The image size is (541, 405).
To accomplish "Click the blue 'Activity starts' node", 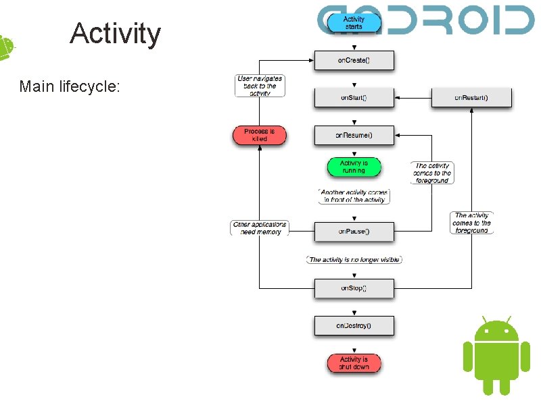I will pos(353,22).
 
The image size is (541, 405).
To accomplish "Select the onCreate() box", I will pos(354,60).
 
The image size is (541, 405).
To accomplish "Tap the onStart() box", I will pos(354,97).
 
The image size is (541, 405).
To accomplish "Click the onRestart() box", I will pos(471,97).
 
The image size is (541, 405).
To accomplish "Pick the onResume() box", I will pos(354,135).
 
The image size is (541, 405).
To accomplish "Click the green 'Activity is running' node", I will pos(353,166).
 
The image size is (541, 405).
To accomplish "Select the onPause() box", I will pos(354,232).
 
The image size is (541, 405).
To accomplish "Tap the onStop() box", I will pos(354,288).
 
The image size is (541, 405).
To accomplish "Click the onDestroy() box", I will pos(354,326).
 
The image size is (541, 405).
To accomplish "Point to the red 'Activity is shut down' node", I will pos(354,363).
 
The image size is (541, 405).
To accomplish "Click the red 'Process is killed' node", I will pos(260,135).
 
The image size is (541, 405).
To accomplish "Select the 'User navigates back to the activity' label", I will pos(260,86).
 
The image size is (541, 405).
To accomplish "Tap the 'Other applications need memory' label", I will pos(260,228).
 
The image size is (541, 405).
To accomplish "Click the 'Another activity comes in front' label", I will pos(354,196).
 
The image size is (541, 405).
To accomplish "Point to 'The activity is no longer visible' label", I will pos(354,259).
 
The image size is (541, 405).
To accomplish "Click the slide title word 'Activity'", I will pos(115,33).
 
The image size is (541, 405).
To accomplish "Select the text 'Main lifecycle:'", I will pos(70,86).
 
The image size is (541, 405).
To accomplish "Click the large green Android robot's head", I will pos(496,330).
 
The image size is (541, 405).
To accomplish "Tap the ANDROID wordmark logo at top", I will pos(426,20).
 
